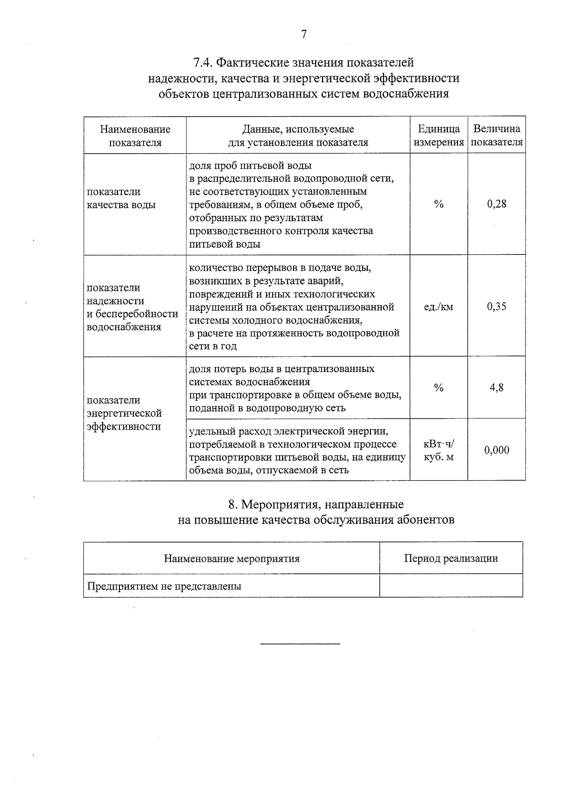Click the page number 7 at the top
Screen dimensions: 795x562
pos(304,34)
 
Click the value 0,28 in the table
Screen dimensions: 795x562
pos(496,204)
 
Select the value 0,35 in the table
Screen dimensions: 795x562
pos(496,306)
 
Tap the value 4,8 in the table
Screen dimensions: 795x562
pos(496,387)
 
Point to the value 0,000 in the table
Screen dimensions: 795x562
pos(496,450)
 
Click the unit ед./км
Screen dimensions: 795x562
pos(438,307)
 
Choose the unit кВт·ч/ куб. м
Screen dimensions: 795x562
pos(438,450)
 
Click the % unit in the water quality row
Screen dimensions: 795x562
pos(438,204)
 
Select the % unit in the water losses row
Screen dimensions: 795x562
pos(438,387)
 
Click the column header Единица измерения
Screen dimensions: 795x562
pos(439,135)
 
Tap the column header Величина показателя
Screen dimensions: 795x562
pos(496,135)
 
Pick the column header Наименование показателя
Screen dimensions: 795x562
pos(135,135)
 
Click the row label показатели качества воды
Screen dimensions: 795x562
pos(121,198)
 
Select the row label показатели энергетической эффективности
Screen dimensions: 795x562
pos(124,413)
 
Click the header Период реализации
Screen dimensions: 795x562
pos(451,558)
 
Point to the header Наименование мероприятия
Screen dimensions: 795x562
pos(231,558)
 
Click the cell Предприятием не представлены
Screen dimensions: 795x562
pos(164,586)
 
